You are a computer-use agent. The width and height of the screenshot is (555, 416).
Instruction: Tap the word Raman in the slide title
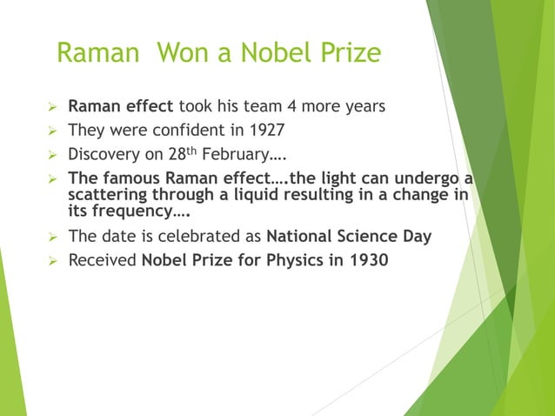(97, 53)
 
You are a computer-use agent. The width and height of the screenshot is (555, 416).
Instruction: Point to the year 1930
(371, 260)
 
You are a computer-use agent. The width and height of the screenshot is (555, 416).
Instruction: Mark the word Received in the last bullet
(103, 260)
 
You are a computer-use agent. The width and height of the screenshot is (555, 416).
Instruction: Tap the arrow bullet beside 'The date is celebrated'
(51, 237)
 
